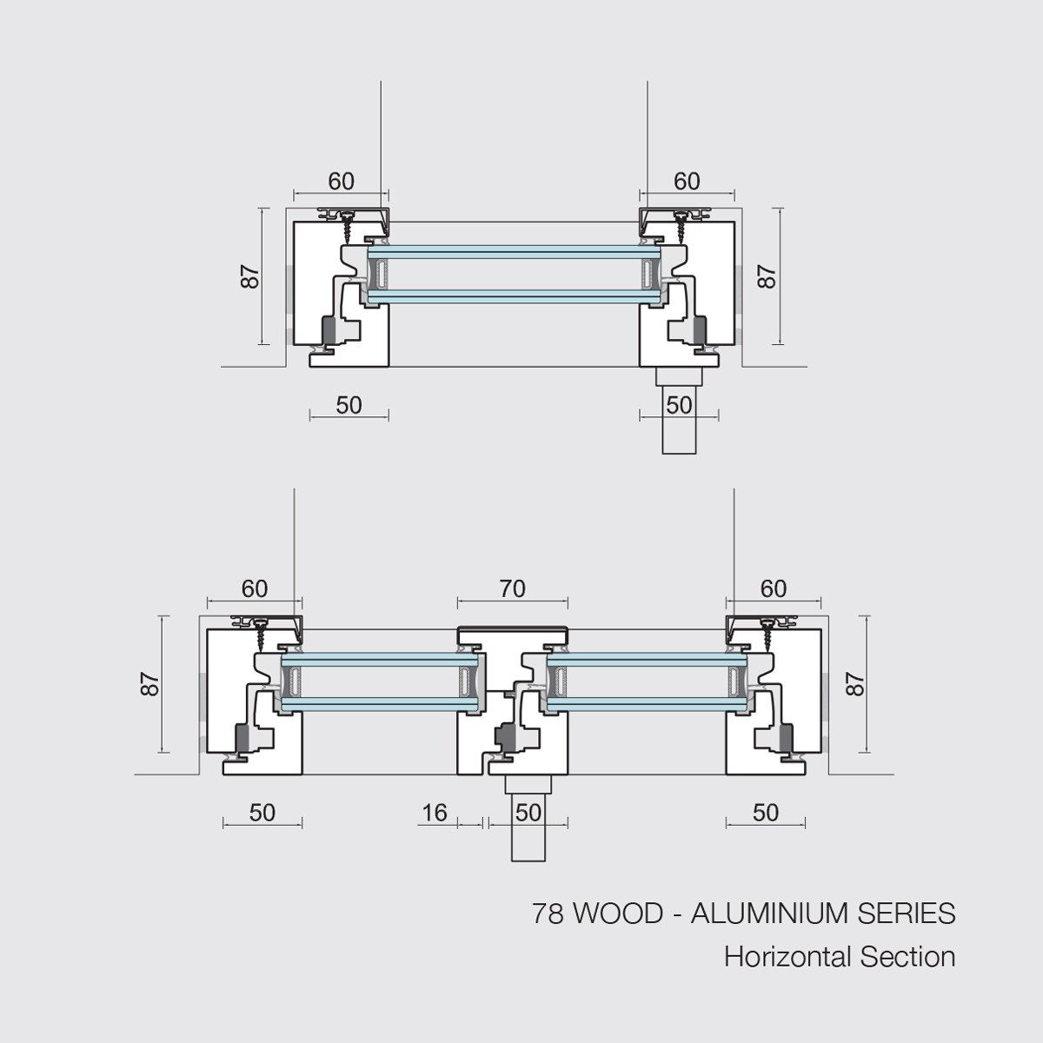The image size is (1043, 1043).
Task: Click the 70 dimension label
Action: [x=513, y=588]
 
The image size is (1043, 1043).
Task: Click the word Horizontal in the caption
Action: [x=787, y=957]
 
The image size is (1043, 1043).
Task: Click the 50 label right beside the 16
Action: [x=528, y=812]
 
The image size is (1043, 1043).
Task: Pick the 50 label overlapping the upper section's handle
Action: [x=679, y=404]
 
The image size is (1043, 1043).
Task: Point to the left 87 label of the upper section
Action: [x=251, y=276]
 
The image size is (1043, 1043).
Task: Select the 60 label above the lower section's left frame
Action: [x=254, y=588]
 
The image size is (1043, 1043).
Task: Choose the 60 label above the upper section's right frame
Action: [x=687, y=181]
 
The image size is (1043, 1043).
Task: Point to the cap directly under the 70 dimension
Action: [x=513, y=629]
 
